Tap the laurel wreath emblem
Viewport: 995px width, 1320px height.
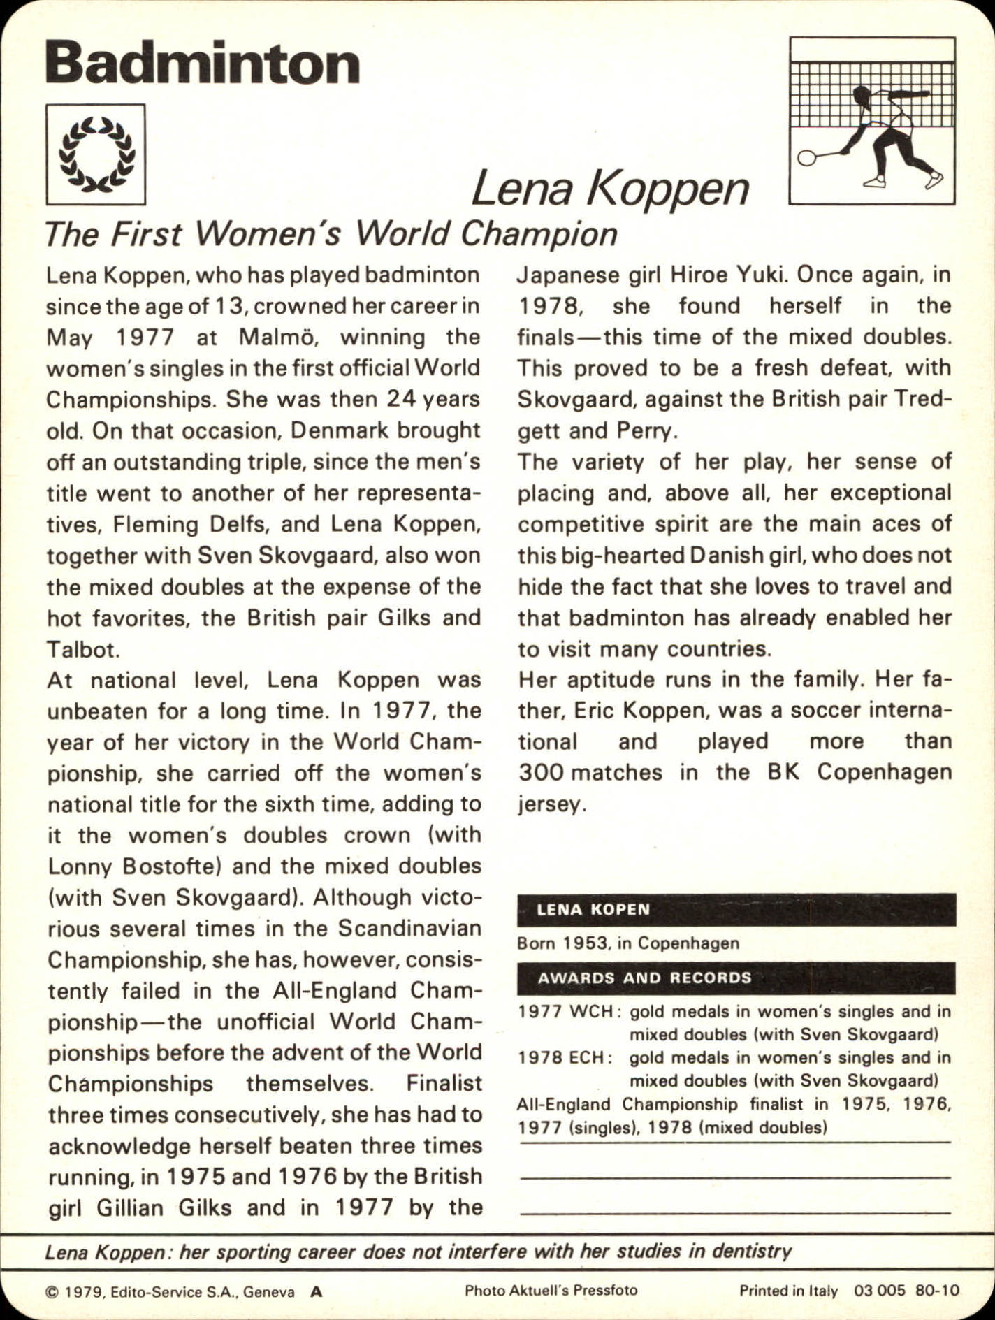tap(96, 154)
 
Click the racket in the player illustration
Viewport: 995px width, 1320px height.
tap(808, 157)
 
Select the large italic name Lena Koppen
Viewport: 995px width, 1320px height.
tap(610, 189)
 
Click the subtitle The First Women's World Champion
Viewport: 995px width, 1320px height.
tap(331, 234)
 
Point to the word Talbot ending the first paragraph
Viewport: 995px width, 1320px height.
tap(83, 649)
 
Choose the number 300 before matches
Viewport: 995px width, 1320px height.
tap(540, 773)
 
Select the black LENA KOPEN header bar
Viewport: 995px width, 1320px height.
tap(736, 910)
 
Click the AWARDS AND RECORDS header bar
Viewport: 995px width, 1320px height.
tap(736, 978)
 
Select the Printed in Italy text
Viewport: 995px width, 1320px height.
tap(788, 1291)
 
